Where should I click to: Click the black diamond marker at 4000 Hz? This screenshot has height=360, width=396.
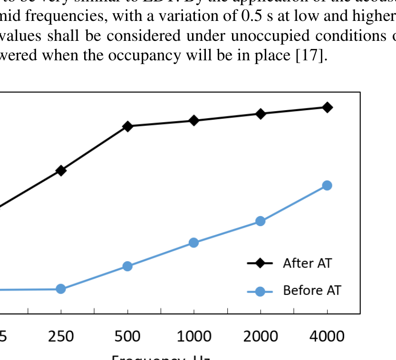click(x=327, y=107)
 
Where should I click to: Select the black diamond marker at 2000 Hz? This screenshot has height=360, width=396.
click(x=261, y=114)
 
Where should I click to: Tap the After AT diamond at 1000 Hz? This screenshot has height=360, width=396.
click(x=194, y=120)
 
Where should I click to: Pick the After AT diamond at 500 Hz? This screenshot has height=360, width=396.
click(x=127, y=126)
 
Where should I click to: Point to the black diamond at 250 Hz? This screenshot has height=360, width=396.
click(x=61, y=171)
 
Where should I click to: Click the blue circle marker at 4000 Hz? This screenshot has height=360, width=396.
click(x=327, y=185)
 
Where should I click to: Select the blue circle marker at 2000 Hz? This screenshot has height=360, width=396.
click(x=261, y=221)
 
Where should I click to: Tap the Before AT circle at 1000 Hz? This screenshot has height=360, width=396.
click(x=194, y=243)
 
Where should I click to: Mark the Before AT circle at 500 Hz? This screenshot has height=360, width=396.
click(x=127, y=266)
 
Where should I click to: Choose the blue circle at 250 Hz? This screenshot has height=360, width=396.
click(x=61, y=289)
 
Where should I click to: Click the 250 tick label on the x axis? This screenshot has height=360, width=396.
click(x=61, y=336)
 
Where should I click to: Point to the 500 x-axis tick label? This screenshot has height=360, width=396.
click(x=127, y=336)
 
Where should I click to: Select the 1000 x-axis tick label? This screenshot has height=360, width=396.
click(x=194, y=336)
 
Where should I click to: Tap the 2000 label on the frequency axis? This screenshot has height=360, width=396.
click(x=261, y=336)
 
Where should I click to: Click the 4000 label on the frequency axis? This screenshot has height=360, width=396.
click(x=327, y=336)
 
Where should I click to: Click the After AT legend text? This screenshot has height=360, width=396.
click(x=307, y=263)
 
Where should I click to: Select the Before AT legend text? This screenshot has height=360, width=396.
click(x=312, y=290)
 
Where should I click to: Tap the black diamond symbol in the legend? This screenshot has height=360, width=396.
click(x=260, y=263)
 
